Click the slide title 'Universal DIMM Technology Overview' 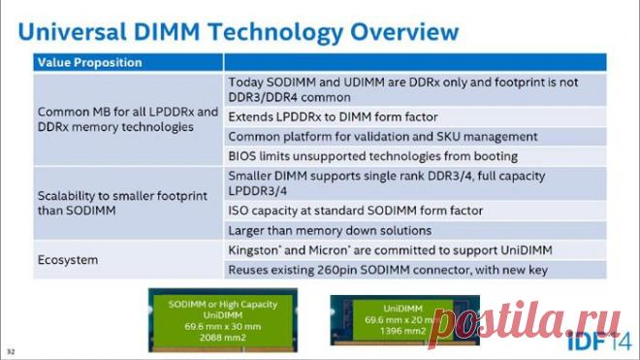click(x=238, y=31)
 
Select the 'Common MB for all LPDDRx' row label click(x=127, y=120)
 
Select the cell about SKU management click(x=382, y=137)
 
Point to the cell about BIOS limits click(x=372, y=156)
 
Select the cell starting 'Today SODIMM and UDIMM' click(x=406, y=89)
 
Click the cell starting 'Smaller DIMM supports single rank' click(x=400, y=184)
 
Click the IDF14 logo click(x=601, y=341)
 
